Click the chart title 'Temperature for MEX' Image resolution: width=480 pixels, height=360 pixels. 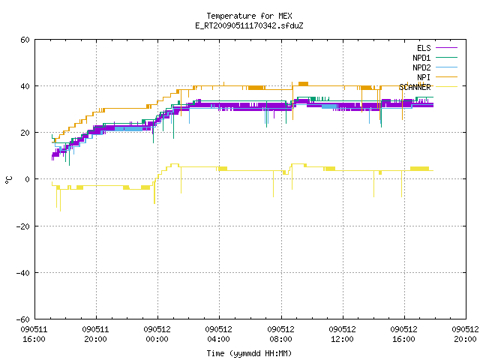[249, 16]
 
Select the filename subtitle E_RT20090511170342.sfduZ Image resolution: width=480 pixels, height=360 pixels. [249, 25]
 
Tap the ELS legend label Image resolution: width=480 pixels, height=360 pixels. [424, 48]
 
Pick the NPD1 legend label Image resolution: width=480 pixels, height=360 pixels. [421, 58]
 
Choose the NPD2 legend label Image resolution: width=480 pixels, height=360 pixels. [421, 67]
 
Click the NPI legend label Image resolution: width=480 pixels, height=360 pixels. [424, 77]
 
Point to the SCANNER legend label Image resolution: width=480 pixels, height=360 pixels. [415, 87]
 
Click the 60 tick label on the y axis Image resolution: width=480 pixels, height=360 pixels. [25, 40]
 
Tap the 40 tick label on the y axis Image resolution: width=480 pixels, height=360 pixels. [25, 86]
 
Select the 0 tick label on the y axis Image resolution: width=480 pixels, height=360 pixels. [28, 179]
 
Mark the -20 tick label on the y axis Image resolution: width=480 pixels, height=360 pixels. [23, 226]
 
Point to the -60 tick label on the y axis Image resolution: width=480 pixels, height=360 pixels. [23, 319]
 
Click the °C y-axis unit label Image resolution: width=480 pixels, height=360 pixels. [8, 180]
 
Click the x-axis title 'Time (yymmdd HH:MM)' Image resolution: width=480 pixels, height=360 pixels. [249, 353]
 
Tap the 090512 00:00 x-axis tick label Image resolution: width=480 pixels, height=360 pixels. [157, 334]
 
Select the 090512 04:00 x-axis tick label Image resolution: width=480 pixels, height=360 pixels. [218, 334]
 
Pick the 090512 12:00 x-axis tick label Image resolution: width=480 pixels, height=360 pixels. [342, 334]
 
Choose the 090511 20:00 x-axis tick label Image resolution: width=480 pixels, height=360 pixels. [95, 334]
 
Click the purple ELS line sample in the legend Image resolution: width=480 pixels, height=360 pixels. [446, 48]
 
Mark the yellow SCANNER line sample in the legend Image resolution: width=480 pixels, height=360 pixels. [446, 87]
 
